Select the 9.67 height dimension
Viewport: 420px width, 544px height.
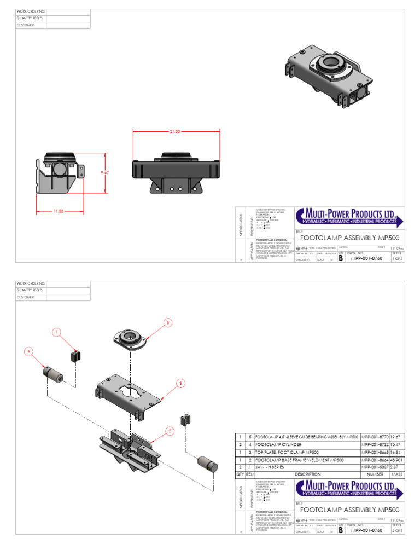coord(105,172)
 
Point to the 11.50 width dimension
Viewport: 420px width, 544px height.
coord(57,211)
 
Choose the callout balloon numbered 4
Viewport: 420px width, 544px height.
coord(27,351)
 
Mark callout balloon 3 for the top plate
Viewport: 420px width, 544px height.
coord(180,383)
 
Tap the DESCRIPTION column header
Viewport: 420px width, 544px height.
coord(307,474)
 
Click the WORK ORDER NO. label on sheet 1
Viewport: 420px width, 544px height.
coord(31,11)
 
